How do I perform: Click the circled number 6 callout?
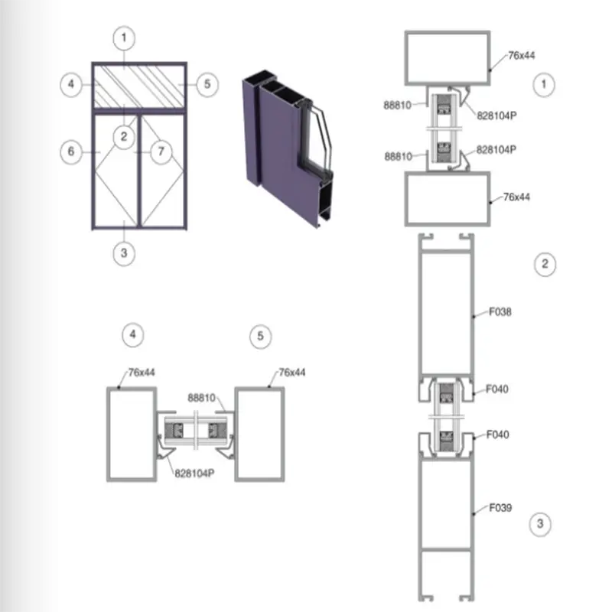71,151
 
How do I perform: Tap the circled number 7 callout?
161,151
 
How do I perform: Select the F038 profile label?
500,312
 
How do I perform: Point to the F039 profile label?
500,508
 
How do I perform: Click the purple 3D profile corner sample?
288,149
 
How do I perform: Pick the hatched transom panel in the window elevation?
139,86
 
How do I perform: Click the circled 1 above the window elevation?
124,38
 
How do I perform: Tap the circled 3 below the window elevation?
124,253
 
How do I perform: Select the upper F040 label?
496,389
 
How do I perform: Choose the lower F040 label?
498,435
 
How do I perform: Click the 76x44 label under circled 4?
142,373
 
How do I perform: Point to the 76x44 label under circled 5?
292,373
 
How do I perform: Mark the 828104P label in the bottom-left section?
194,474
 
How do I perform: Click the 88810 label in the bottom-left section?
201,398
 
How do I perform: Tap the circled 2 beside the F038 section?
545,265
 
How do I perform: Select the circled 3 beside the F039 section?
540,524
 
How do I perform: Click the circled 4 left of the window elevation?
71,84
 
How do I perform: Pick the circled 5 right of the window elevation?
207,84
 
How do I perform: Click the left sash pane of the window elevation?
116,170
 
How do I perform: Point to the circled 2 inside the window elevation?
124,137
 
